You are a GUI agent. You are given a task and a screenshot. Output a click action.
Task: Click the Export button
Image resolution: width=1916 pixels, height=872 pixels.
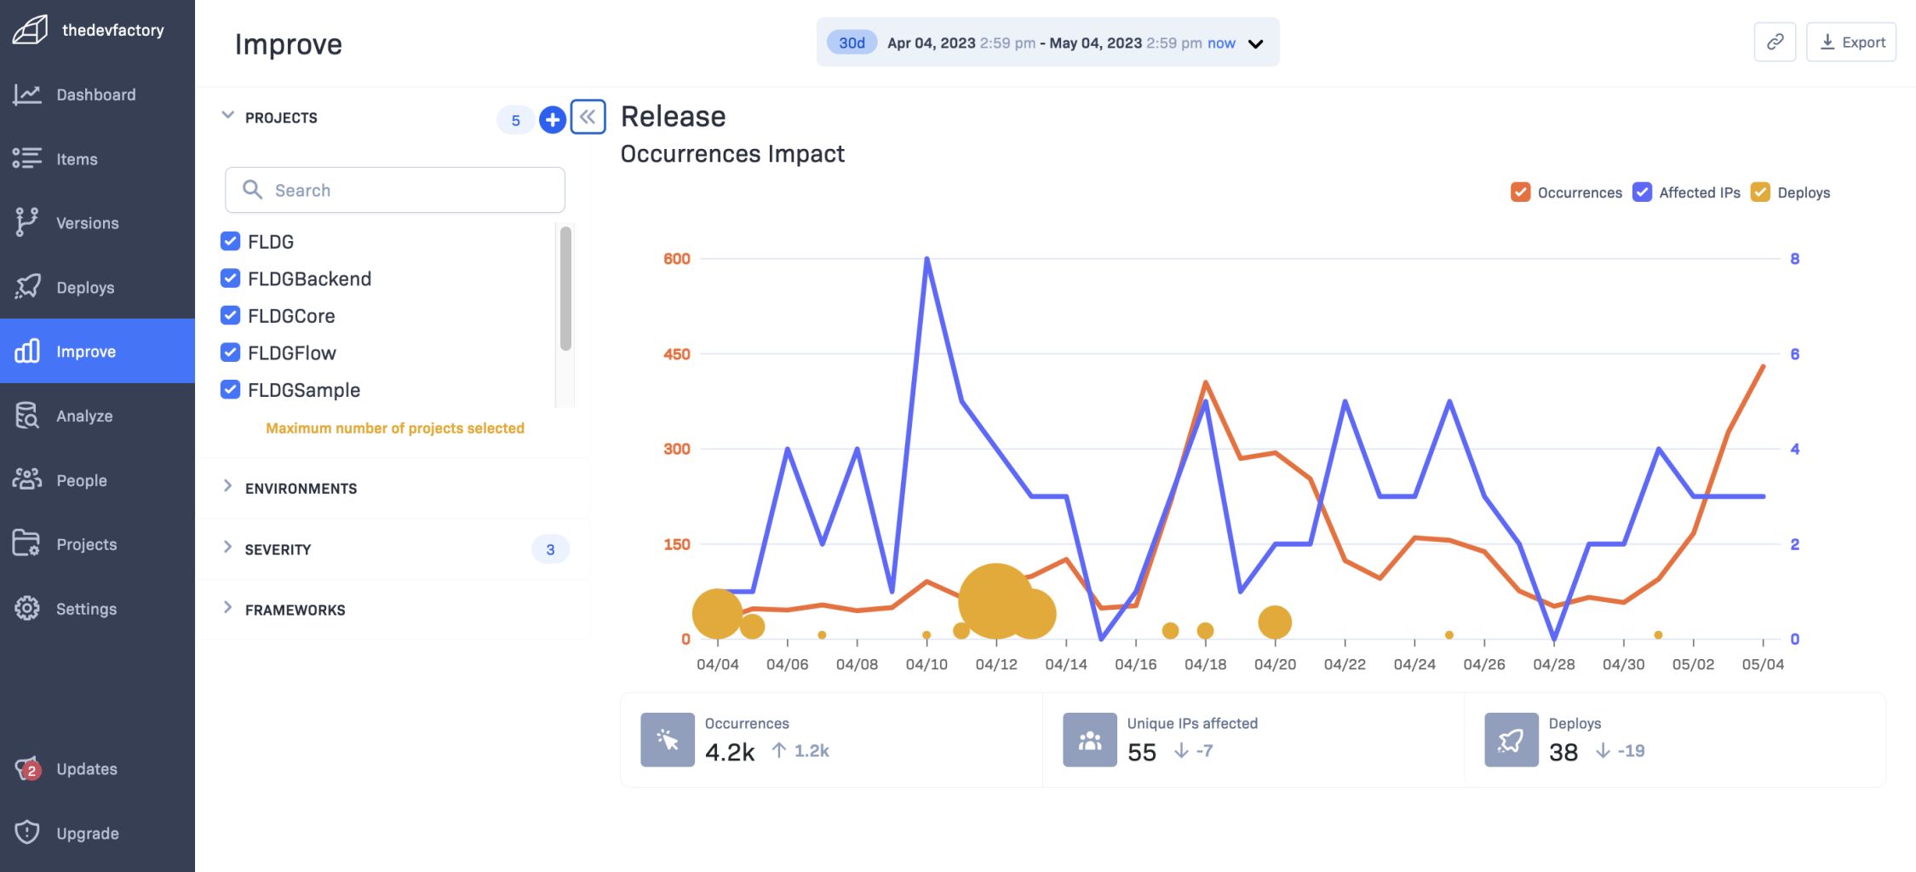pyautogui.click(x=1851, y=43)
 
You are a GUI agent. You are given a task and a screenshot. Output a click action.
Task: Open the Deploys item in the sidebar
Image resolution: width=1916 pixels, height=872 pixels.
pyautogui.click(x=85, y=288)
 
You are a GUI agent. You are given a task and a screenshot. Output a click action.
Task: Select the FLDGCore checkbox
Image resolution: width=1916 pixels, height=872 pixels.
pyautogui.click(x=230, y=316)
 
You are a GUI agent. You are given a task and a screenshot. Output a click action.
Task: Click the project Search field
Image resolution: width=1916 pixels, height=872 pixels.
pyautogui.click(x=395, y=190)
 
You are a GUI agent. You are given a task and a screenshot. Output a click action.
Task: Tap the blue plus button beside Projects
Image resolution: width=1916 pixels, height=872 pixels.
pyautogui.click(x=553, y=120)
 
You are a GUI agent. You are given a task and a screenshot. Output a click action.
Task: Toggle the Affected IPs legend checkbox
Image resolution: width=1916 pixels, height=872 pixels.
pyautogui.click(x=1642, y=192)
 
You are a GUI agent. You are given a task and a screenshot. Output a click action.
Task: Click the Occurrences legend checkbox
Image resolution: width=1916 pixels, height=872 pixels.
pyautogui.click(x=1520, y=192)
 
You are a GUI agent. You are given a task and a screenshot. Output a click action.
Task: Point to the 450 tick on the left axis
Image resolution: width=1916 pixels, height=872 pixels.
pyautogui.click(x=677, y=354)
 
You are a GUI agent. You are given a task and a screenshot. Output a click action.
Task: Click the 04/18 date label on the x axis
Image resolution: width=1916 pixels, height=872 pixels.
pyautogui.click(x=1205, y=664)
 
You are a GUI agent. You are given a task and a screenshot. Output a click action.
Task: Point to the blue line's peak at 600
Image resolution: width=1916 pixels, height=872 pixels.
pyautogui.click(x=926, y=259)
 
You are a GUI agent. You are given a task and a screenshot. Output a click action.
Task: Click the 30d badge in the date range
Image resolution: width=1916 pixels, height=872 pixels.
pyautogui.click(x=852, y=43)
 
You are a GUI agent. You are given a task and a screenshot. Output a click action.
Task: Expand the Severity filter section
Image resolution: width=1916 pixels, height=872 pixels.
pyautogui.click(x=278, y=549)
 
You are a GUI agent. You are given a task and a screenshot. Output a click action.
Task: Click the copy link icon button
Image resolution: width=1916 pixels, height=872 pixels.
pyautogui.click(x=1775, y=43)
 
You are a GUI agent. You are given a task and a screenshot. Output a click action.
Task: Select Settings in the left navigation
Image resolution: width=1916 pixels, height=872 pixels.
pyautogui.click(x=86, y=609)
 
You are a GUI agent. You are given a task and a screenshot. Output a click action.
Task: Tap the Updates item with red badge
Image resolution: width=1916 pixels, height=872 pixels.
pyautogui.click(x=86, y=769)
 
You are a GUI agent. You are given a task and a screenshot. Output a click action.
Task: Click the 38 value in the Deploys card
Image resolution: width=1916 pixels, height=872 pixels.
pyautogui.click(x=1563, y=752)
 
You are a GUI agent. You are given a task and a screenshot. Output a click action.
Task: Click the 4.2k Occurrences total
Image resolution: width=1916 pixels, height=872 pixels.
pyautogui.click(x=730, y=752)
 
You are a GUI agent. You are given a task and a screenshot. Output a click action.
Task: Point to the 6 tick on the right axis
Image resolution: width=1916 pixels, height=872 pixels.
pyautogui.click(x=1795, y=354)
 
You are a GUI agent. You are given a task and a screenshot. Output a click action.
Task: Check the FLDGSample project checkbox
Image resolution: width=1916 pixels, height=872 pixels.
pyautogui.click(x=230, y=390)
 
